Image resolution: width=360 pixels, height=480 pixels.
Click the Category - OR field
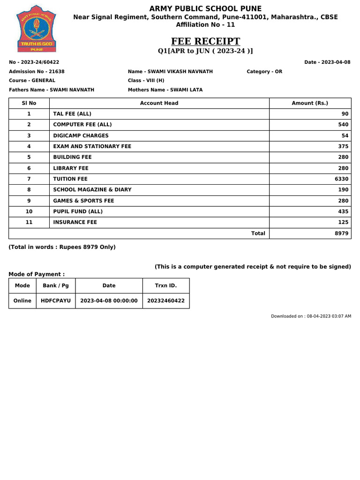[264, 72]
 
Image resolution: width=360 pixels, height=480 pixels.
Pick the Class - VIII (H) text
[146, 81]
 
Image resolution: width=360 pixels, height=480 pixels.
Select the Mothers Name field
[165, 90]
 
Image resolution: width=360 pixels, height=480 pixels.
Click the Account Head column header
[159, 103]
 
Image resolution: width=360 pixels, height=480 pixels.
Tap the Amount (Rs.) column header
[310, 103]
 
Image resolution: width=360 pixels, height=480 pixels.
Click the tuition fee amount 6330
[342, 179]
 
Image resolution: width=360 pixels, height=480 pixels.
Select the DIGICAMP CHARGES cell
[81, 135]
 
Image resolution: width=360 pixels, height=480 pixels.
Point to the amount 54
[345, 135]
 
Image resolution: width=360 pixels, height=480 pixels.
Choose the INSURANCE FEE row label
[75, 222]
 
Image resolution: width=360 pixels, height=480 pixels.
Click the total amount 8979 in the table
[342, 233]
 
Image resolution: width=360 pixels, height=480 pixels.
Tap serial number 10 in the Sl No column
[29, 211]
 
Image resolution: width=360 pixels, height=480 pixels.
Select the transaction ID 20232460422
[166, 301]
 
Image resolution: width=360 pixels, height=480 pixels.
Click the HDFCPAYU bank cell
[56, 301]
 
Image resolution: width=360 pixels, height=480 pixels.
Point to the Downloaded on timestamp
[311, 316]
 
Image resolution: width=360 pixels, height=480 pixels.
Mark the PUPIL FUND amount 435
[343, 211]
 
